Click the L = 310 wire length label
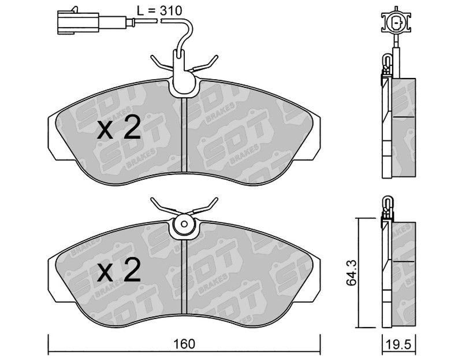pyautogui.click(x=159, y=11)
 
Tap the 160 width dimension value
pyautogui.click(x=184, y=344)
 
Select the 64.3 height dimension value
pyautogui.click(x=351, y=273)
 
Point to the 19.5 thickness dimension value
pyautogui.click(x=399, y=344)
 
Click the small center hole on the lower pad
pyautogui.click(x=184, y=224)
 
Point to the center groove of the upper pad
pyautogui.click(x=184, y=134)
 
